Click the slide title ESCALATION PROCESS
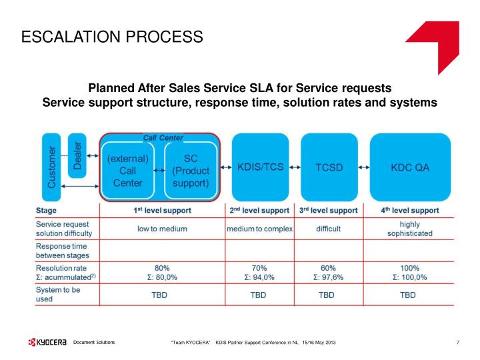112,36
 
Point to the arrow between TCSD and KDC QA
364,168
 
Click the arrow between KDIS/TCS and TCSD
295,168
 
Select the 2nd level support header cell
259,210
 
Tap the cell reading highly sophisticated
409,229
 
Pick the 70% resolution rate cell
259,273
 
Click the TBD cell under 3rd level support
326,294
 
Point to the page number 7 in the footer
457,343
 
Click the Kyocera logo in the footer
48,343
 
